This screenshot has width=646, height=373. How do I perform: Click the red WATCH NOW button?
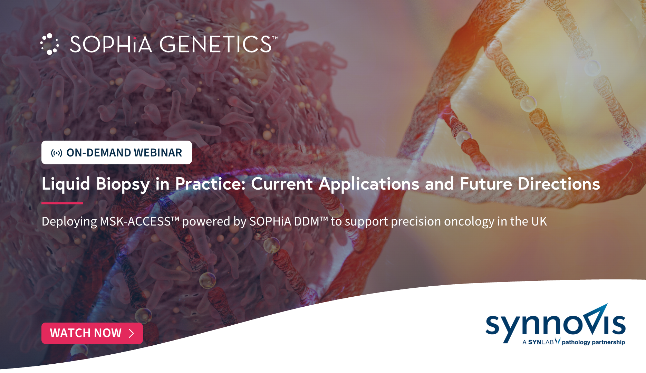point(92,333)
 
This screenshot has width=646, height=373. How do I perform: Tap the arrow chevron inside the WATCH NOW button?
point(131,333)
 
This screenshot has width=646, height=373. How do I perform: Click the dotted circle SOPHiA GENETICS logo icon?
point(49,44)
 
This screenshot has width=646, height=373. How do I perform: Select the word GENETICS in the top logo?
point(216,44)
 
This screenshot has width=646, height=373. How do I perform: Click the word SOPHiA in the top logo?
point(111,44)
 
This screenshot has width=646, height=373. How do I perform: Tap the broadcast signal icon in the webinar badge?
point(57,153)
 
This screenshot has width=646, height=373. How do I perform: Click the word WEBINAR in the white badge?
point(158,153)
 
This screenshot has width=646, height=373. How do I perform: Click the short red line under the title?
point(62,203)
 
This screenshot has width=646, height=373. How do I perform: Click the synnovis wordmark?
point(555,323)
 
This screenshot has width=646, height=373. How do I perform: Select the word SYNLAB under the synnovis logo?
point(541,342)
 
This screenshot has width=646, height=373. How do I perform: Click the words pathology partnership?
point(593,342)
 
